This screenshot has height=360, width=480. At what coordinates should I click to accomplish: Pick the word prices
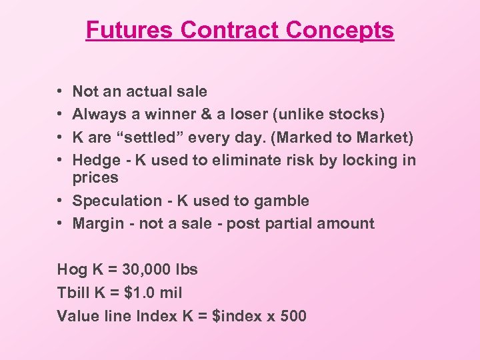(95, 178)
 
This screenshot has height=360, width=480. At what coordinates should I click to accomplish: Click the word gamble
(283, 201)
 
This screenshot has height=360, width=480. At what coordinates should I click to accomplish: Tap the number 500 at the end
(293, 315)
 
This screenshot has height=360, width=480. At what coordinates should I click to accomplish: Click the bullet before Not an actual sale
(60, 91)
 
